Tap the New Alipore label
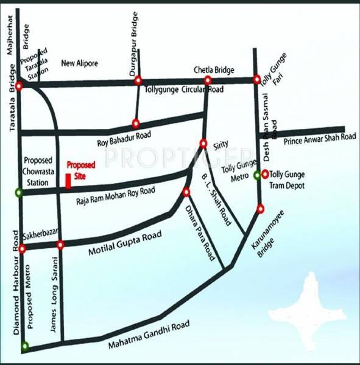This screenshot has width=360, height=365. click(80, 63)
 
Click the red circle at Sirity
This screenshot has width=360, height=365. click(203, 144)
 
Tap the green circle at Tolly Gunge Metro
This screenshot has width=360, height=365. click(258, 176)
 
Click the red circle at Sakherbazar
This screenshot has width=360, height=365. click(23, 249)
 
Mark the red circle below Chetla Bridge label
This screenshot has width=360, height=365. click(208, 80)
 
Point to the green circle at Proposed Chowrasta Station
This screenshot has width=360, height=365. click(19, 193)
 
